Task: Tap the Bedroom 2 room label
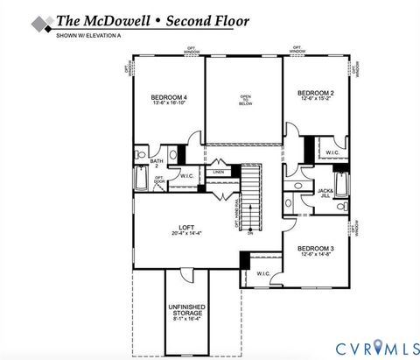[314, 93]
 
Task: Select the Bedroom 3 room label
[314, 249]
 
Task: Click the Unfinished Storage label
[188, 311]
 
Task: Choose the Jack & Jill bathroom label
[325, 191]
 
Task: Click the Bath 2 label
[157, 162]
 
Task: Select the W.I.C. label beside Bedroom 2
[332, 152]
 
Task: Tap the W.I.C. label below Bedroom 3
[263, 273]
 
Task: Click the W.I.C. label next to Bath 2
[186, 175]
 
